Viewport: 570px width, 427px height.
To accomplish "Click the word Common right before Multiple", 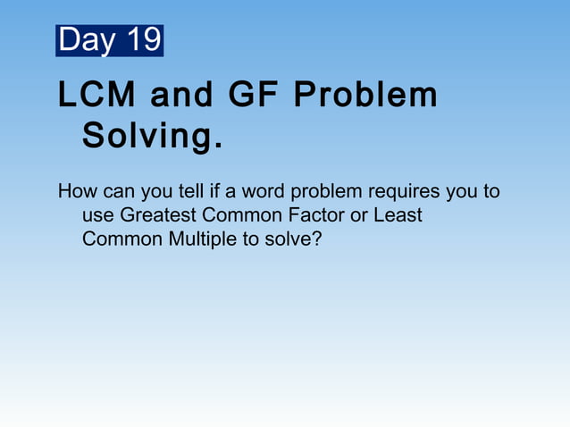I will (118, 239).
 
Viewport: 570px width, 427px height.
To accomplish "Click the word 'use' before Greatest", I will (97, 216).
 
